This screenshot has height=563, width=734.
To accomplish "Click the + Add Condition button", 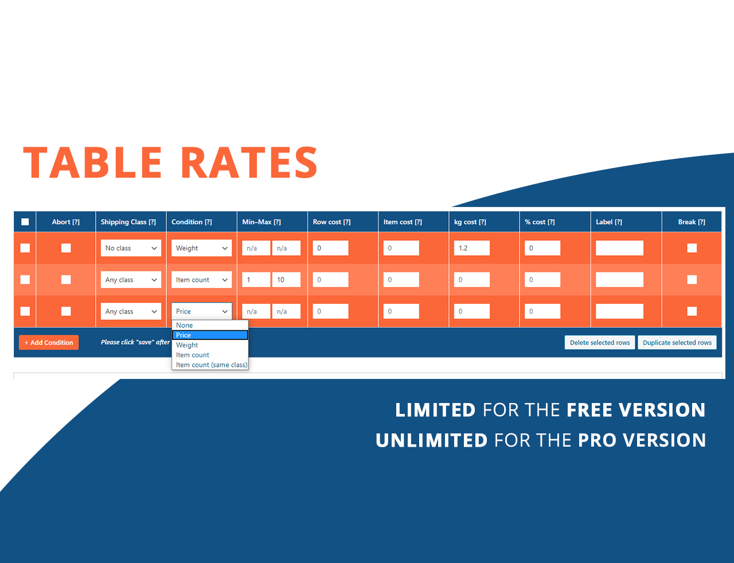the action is click(x=49, y=342).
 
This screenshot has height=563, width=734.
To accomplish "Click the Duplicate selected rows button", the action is click(x=677, y=342).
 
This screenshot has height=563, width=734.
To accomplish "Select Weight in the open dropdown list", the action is click(x=187, y=345).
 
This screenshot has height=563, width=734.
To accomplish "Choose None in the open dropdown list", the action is click(x=185, y=325).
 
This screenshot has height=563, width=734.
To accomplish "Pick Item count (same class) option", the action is click(x=212, y=365).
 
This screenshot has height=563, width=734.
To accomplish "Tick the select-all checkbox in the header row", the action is click(x=25, y=222).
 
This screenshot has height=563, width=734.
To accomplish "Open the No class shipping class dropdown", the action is click(x=131, y=248).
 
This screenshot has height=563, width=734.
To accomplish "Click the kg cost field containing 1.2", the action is click(x=471, y=248).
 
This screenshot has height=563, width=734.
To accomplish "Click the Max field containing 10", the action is click(x=286, y=280).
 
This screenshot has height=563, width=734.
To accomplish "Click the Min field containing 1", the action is click(x=256, y=280).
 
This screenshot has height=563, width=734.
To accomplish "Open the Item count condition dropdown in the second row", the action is click(x=201, y=280).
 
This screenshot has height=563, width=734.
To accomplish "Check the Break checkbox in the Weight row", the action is click(x=692, y=248).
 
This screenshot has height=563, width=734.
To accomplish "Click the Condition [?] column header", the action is click(x=192, y=222).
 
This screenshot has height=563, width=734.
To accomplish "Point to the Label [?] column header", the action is click(x=608, y=222).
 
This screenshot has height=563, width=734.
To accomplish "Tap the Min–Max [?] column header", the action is click(x=261, y=222).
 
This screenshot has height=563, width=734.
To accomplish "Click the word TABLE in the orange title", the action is click(x=93, y=162).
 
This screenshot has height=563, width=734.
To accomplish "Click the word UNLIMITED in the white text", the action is click(x=431, y=440).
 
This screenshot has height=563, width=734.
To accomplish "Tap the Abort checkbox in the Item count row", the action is click(x=66, y=280).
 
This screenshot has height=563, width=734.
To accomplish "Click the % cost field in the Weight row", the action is click(x=542, y=248).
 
